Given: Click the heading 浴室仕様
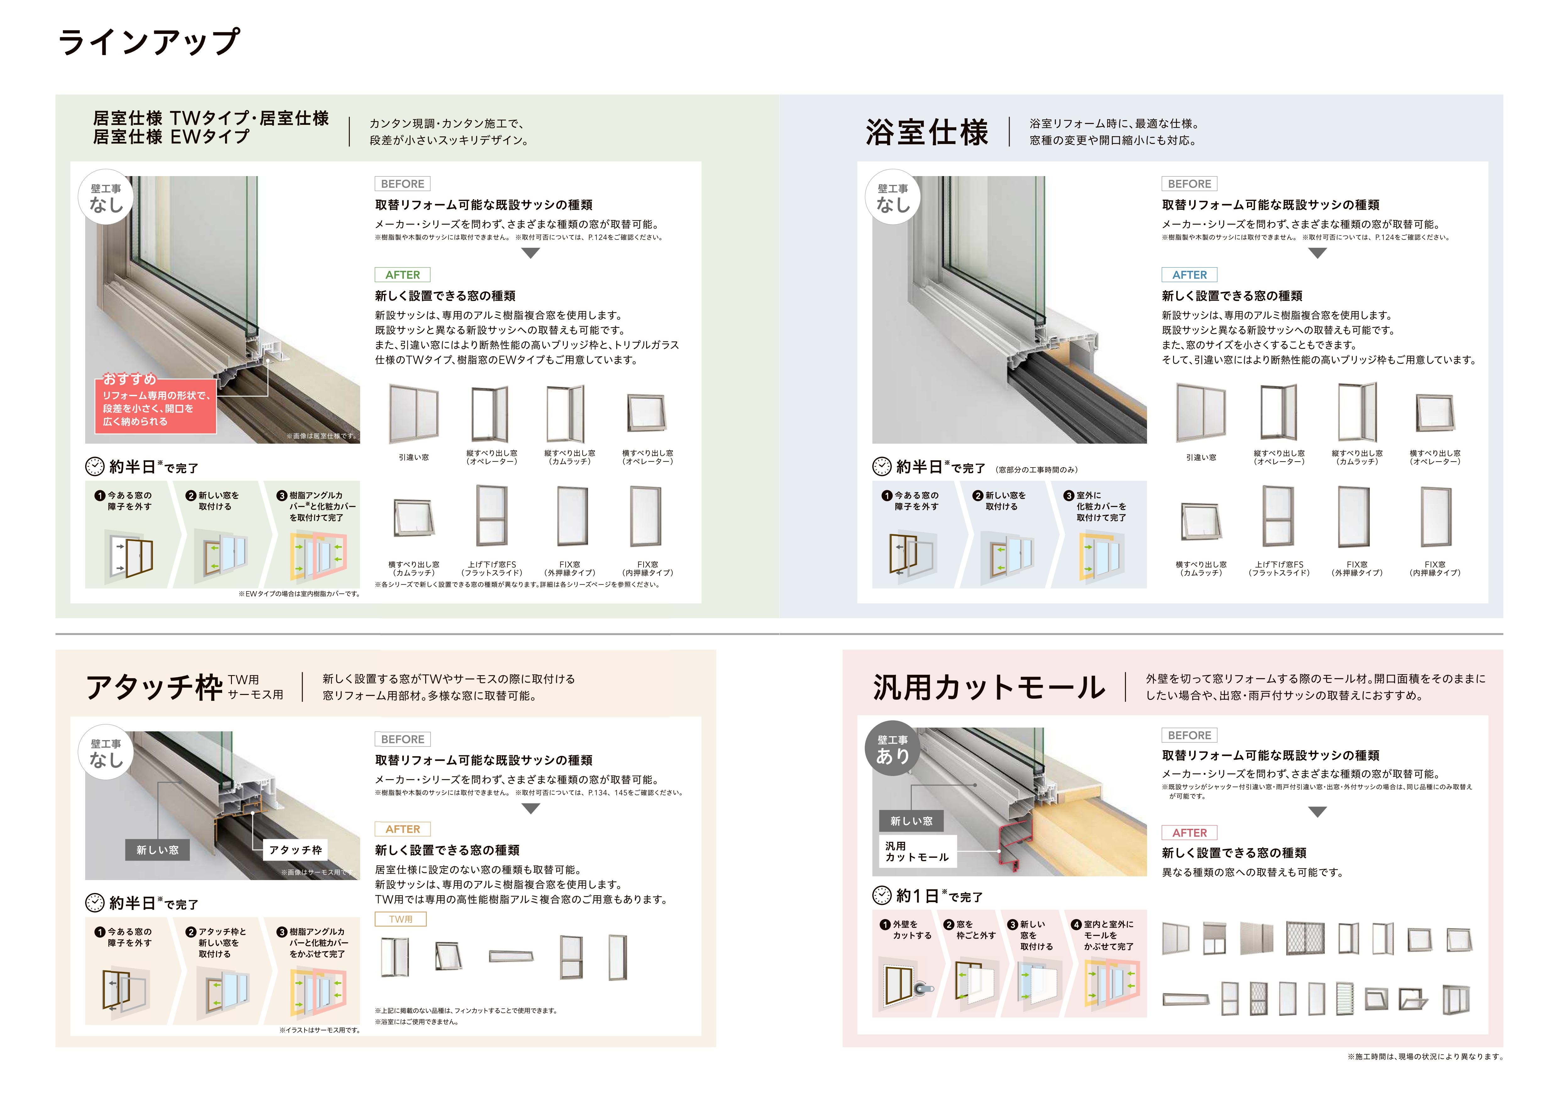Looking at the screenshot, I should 927,132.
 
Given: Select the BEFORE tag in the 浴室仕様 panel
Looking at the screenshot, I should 1189,184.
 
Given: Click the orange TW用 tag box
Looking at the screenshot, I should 401,919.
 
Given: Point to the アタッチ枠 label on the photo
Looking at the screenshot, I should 295,850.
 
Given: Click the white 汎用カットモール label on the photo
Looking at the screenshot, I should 917,852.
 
